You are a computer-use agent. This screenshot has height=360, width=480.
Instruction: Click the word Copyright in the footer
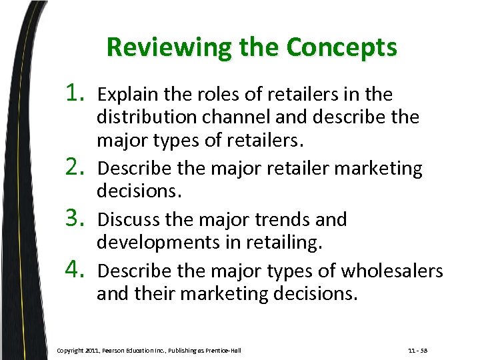click(x=71, y=350)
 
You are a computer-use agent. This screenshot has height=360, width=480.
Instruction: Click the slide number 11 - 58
click(x=417, y=350)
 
